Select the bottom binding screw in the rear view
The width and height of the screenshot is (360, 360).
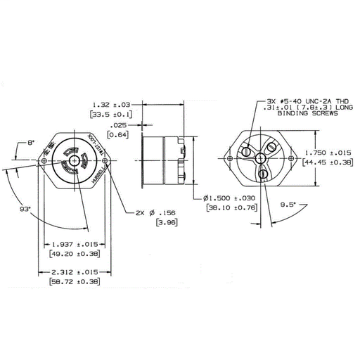262,172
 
